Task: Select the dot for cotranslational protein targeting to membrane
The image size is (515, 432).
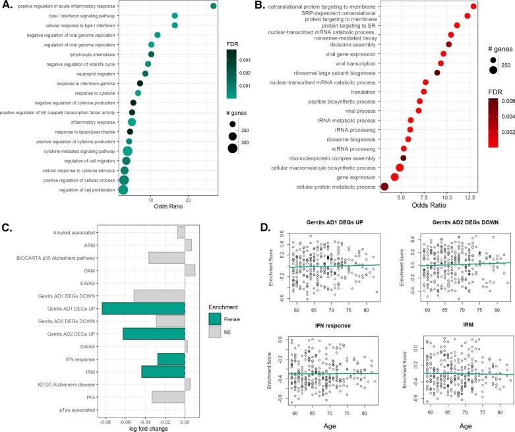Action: pyautogui.click(x=473, y=6)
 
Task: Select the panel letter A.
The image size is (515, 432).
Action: pyautogui.click(x=8, y=6)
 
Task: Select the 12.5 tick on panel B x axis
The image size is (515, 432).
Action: pyautogui.click(x=470, y=196)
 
